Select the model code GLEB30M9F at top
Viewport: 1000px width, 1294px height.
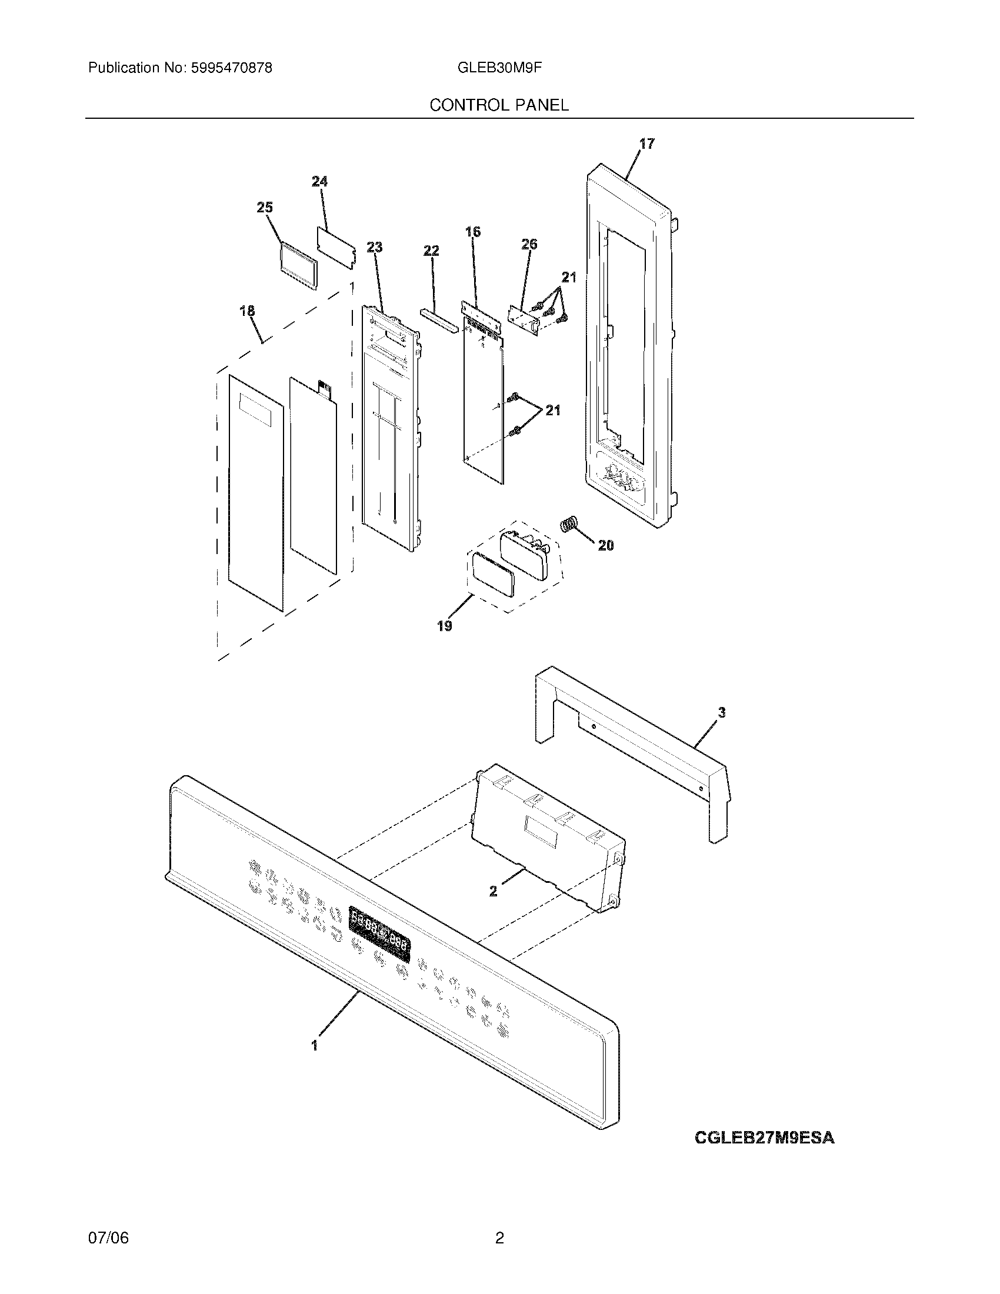[499, 68]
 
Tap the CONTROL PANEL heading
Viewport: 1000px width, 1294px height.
[499, 105]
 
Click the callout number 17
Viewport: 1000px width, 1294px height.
[647, 144]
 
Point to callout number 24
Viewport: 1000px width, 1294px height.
[320, 181]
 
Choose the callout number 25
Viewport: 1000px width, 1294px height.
[265, 208]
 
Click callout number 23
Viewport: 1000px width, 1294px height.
[374, 247]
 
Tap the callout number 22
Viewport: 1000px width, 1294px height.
[431, 251]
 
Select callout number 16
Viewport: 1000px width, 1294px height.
[473, 232]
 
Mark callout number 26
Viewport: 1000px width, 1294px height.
[529, 244]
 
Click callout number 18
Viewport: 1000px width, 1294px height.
[247, 311]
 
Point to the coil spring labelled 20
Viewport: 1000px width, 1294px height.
[569, 524]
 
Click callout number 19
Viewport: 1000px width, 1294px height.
[445, 626]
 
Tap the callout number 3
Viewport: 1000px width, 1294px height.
[722, 713]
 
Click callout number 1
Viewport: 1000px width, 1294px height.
[315, 1045]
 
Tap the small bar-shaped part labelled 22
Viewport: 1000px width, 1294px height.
[439, 322]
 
